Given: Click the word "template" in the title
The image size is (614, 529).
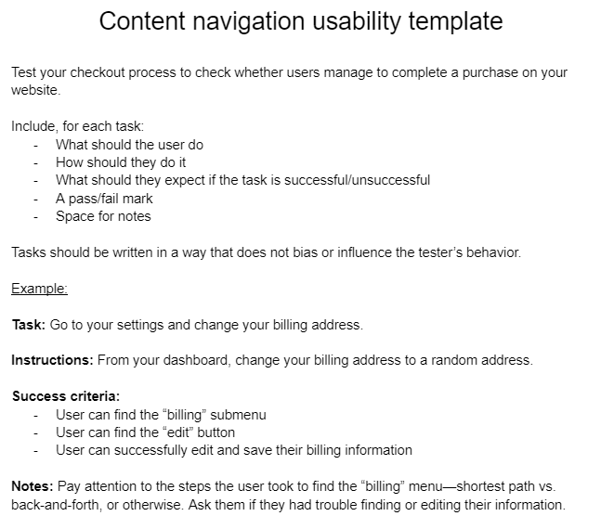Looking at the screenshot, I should pyautogui.click(x=447, y=21).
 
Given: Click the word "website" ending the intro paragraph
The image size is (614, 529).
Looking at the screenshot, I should pyautogui.click(x=34, y=90).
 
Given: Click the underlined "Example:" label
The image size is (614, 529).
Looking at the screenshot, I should pyautogui.click(x=39, y=289).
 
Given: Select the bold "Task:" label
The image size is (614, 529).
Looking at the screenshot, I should pyautogui.click(x=28, y=325).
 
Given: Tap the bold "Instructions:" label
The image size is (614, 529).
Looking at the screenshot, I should pyautogui.click(x=52, y=360).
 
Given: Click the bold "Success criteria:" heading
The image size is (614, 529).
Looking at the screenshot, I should pyautogui.click(x=66, y=396).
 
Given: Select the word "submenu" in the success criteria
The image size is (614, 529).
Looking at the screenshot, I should pyautogui.click(x=241, y=415).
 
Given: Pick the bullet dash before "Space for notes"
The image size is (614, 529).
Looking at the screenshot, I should pyautogui.click(x=35, y=217).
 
